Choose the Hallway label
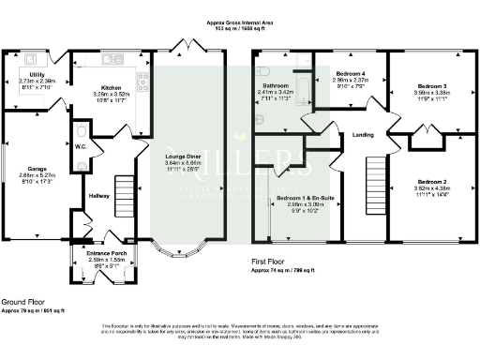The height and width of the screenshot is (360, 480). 99,196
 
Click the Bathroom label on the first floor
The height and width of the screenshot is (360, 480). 276,86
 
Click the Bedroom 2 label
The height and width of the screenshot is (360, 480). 432,181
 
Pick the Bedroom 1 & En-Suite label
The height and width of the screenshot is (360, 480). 297,199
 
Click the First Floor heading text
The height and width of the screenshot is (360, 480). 272,262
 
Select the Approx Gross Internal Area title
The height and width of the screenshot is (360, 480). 241,19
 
